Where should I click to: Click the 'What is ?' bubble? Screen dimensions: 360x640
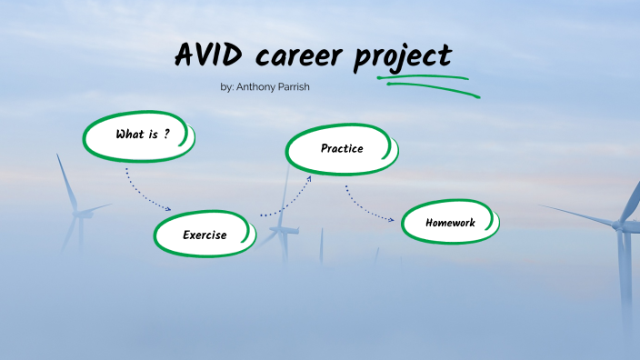140,135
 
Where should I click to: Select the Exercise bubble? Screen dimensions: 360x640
204,235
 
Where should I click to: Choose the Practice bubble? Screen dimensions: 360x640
341,148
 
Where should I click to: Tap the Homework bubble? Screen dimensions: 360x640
450,223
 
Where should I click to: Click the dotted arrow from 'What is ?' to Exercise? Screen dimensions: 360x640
145,189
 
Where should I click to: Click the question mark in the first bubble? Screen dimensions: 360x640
167,134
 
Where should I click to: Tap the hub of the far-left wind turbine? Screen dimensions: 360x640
79,215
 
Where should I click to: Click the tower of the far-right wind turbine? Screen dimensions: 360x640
625,273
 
